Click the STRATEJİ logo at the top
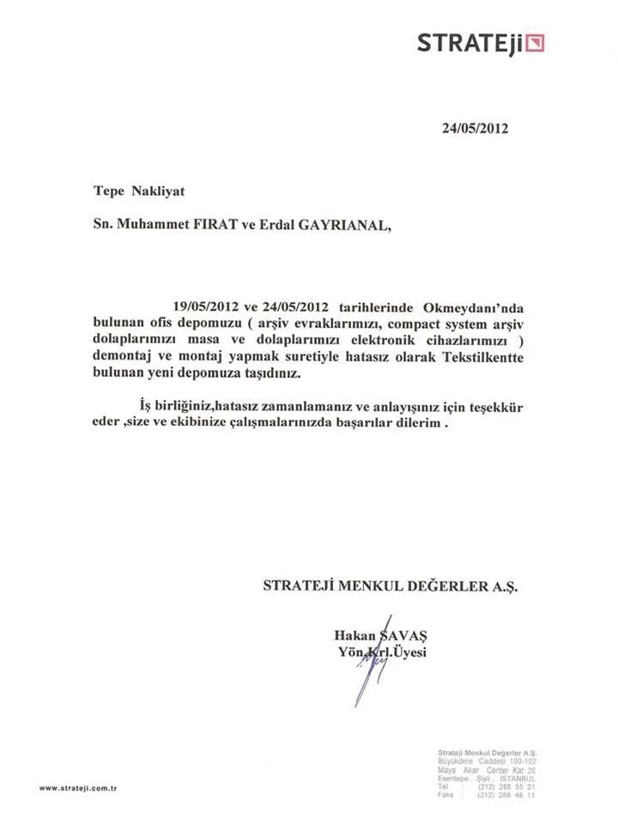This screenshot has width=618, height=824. click(x=480, y=42)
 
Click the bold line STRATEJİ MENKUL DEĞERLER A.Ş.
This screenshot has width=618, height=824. click(x=391, y=586)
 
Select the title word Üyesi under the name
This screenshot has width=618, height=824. click(x=409, y=652)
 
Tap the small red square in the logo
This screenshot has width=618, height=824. click(x=536, y=42)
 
